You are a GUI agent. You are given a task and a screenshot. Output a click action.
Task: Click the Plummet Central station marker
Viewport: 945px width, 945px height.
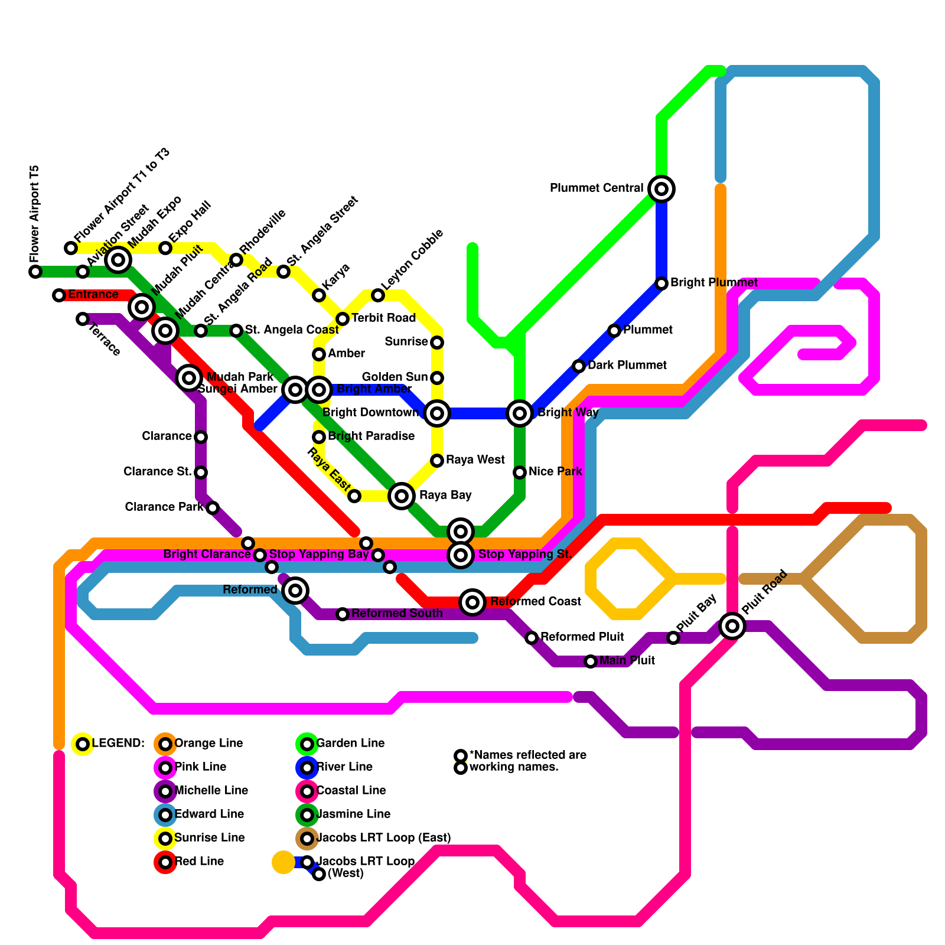click(x=661, y=189)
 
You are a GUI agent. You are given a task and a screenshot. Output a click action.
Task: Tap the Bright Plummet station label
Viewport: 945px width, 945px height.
click(x=713, y=283)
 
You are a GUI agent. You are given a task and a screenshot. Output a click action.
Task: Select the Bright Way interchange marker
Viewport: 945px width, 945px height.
click(x=520, y=413)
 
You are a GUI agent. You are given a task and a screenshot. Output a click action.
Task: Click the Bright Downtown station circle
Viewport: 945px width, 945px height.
click(x=437, y=413)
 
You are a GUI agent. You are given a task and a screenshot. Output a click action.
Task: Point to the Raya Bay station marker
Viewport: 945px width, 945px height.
click(x=402, y=496)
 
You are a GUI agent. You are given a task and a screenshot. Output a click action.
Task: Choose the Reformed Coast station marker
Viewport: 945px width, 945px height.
click(x=472, y=602)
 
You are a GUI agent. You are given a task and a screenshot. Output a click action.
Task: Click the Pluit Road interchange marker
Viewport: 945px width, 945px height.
click(x=732, y=626)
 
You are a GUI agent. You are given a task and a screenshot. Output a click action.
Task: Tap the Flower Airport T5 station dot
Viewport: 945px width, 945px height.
click(x=35, y=272)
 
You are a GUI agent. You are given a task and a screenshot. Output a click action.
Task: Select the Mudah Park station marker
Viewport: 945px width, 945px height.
click(x=189, y=377)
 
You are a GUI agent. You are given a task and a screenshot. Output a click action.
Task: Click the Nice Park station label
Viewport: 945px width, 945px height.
click(x=555, y=472)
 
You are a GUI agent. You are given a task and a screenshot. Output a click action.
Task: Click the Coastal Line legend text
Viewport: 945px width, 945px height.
click(x=351, y=791)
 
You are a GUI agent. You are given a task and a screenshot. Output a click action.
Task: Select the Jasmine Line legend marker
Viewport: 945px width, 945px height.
click(x=307, y=815)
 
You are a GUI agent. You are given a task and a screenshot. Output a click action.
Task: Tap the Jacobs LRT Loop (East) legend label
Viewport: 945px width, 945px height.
click(x=383, y=838)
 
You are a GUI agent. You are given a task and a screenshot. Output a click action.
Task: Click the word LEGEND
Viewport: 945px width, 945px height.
click(x=118, y=744)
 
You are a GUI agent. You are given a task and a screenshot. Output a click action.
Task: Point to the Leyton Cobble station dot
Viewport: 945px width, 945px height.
click(x=378, y=295)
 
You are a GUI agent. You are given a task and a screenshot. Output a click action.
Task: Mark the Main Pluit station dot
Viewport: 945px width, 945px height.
click(x=591, y=661)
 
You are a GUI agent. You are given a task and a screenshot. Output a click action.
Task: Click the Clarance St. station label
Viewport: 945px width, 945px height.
click(x=157, y=472)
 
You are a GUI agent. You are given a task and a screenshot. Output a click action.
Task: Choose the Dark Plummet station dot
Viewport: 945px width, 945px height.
click(x=579, y=366)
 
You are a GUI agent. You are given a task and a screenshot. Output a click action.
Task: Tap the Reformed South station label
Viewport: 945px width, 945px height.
click(x=397, y=614)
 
